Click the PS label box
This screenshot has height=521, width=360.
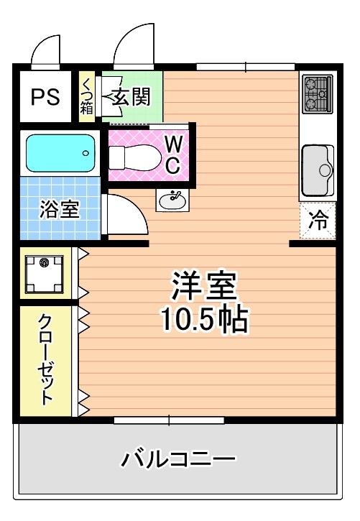[45, 96]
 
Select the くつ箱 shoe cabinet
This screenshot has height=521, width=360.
[86, 96]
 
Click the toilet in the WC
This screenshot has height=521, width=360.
[132, 156]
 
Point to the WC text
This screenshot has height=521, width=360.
[172, 155]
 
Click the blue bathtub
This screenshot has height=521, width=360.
[60, 152]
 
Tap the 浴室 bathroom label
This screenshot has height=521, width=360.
[59, 211]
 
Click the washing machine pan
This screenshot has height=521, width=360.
[45, 273]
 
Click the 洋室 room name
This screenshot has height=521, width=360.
[203, 287]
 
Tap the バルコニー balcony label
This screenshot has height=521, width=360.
[178, 458]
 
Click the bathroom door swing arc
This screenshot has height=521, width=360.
[128, 213]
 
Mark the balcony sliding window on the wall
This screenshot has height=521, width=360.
[170, 420]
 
